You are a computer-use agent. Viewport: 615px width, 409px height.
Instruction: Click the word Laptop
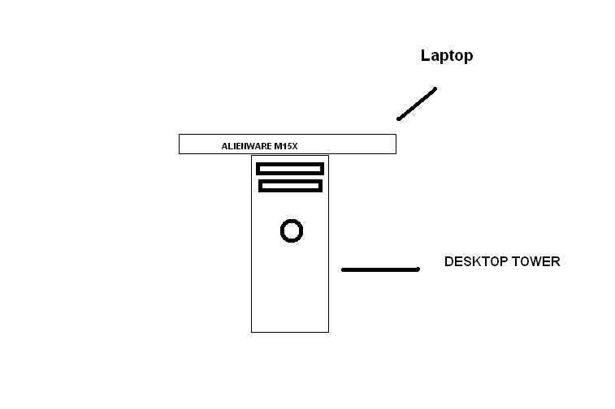pos(447,56)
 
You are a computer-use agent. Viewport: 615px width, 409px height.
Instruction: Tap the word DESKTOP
pos(474,261)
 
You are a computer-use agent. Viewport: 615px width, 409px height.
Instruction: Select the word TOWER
pos(535,261)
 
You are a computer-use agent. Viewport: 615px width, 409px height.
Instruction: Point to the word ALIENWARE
pos(246,146)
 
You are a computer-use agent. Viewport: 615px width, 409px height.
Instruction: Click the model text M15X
pos(286,146)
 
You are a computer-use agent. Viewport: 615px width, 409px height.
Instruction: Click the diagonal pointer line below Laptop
pos(417,104)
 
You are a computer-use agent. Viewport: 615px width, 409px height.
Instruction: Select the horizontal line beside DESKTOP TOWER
pos(380,269)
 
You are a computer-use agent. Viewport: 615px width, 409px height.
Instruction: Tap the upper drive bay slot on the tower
pos(290,169)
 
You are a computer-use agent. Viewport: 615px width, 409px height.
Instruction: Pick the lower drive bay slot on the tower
pos(290,186)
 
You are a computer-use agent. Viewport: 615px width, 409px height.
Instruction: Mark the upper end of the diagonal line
pos(435,89)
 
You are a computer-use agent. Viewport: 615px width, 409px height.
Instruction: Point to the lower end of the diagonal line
pos(399,118)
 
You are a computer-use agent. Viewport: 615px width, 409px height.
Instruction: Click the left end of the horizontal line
pos(343,269)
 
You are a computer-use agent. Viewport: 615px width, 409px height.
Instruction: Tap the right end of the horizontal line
pos(418,269)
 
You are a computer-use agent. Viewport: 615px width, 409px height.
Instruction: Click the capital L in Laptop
pos(425,55)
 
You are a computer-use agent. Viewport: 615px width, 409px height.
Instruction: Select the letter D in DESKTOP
pos(448,261)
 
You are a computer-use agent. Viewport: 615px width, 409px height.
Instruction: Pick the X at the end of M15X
pos(295,146)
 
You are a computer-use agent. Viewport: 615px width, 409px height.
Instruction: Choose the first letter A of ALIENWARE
pos(225,146)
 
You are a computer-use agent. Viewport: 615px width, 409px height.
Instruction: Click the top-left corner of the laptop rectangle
pos(180,135)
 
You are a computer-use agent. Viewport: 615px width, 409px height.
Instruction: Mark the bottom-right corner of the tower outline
pos(329,332)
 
